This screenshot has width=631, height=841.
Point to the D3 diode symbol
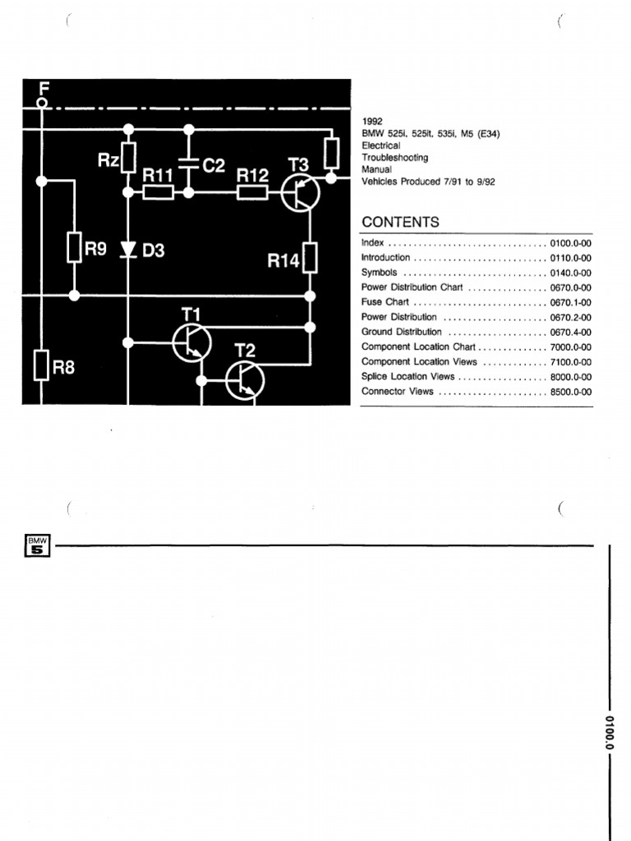128,249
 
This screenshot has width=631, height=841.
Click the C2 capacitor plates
188,163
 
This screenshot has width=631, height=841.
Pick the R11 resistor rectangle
157,193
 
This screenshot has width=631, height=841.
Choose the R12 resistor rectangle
252,193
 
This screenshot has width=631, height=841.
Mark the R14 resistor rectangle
311,258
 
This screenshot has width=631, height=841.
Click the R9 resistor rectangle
74,247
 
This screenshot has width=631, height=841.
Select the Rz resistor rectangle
128,159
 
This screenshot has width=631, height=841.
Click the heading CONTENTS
400,223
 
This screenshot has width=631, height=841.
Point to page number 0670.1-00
570,302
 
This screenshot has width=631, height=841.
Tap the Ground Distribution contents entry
402,332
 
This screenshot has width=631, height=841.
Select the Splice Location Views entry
408,376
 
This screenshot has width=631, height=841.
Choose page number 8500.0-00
570,392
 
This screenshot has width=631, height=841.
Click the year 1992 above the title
372,121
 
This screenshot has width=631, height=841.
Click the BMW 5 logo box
38,545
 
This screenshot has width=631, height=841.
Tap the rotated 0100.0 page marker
610,733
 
